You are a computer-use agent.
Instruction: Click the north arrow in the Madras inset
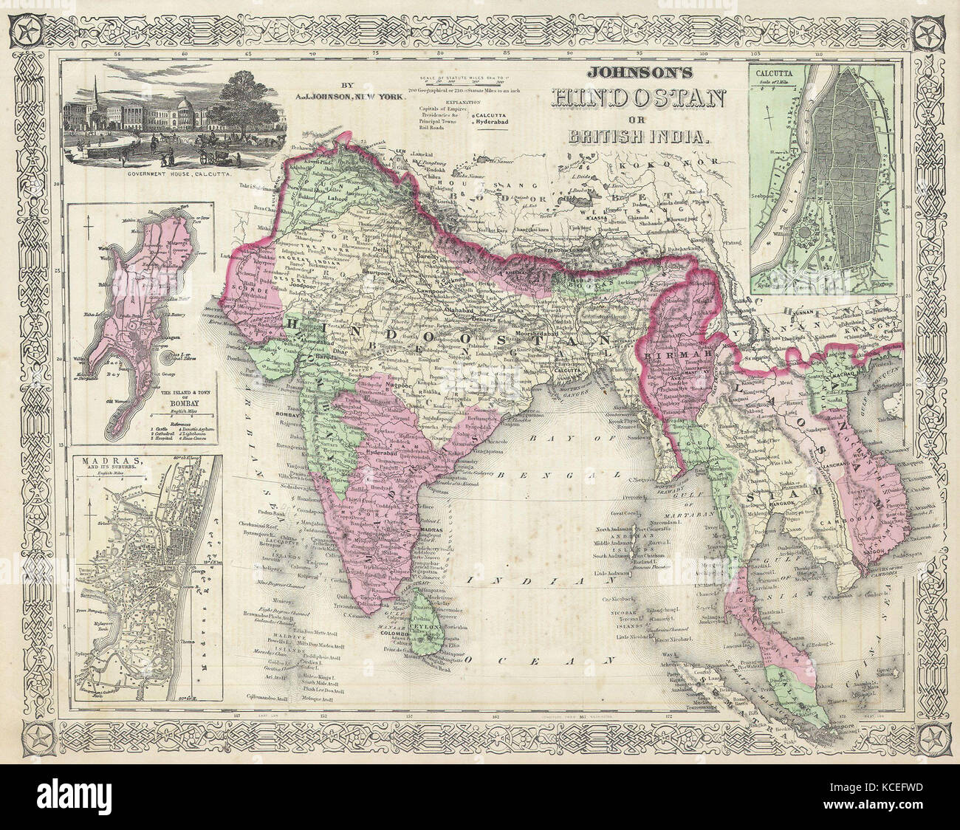coord(89,510)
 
